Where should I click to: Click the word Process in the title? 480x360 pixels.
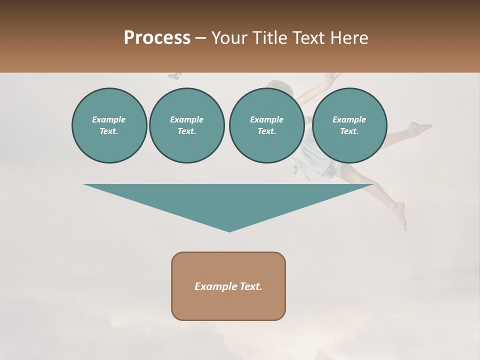157,38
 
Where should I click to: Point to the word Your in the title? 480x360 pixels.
228,38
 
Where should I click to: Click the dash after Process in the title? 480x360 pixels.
200,38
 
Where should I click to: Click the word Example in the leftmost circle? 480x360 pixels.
109,119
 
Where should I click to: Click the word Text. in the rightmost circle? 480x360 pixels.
349,131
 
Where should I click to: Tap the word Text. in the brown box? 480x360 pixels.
250,286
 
